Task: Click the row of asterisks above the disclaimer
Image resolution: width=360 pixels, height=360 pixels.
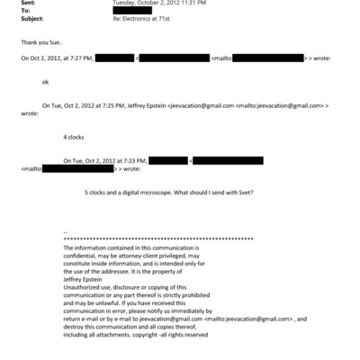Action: coord(157,239)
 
